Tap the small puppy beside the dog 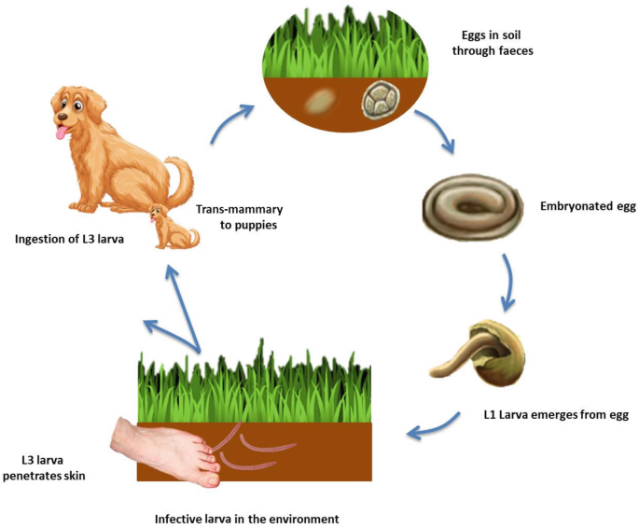pyautogui.click(x=174, y=229)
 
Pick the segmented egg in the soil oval pyautogui.click(x=383, y=102)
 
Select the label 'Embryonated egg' pyautogui.click(x=588, y=206)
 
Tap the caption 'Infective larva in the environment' pyautogui.click(x=246, y=516)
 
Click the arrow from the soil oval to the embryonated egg pyautogui.click(x=435, y=132)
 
